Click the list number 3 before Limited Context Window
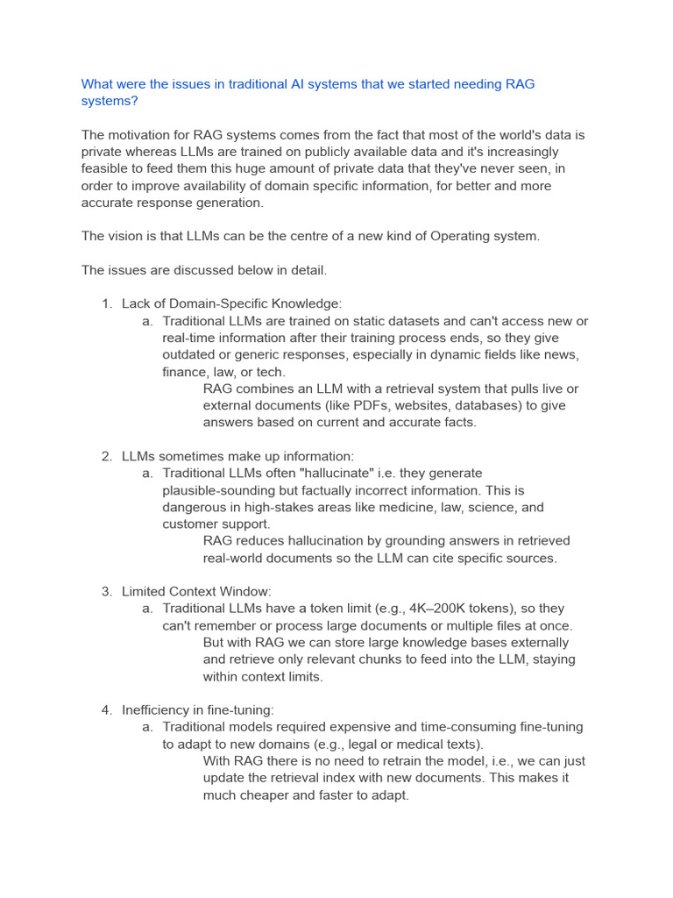107,592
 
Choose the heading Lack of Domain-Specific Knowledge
231,303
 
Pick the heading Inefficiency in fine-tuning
198,710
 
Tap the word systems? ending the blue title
110,101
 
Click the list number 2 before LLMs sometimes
107,456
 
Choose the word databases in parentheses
528,405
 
